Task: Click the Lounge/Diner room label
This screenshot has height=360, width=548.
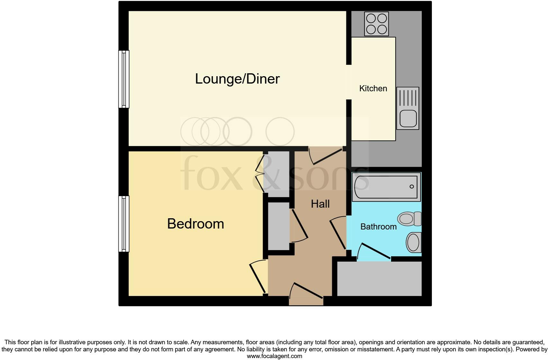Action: pos(237,79)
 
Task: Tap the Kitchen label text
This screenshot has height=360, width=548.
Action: pos(373,88)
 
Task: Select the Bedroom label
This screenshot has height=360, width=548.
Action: pos(196,224)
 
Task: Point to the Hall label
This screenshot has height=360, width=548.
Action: pos(320,204)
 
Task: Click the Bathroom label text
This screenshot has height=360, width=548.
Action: pos(379,227)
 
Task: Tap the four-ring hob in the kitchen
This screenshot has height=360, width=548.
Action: pos(376,24)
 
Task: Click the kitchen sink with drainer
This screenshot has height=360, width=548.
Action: pos(407,108)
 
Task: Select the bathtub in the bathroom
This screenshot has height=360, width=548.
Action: pos(386,187)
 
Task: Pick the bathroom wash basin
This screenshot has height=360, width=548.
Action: pos(414,242)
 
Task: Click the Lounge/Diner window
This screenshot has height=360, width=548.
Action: pos(124,79)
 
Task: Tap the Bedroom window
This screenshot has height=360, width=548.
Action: pos(124,224)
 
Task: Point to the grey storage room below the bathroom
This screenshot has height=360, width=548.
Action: pos(379,278)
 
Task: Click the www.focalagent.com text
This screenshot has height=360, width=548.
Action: pos(274,356)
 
